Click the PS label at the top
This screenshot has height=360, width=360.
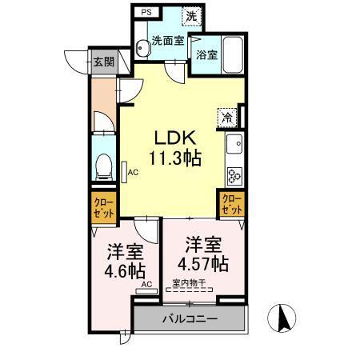tap(146, 13)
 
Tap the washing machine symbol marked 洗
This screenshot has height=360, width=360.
tap(191, 16)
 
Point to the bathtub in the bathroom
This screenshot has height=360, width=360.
tap(234, 53)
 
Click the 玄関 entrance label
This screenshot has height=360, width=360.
tap(102, 62)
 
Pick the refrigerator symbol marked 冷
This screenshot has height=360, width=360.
tap(228, 117)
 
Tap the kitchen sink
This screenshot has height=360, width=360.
tap(235, 145)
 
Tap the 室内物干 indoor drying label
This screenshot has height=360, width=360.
tap(189, 282)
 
